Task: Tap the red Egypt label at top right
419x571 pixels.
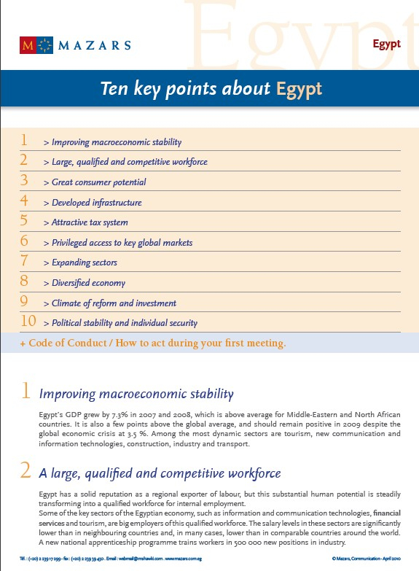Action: (x=386, y=44)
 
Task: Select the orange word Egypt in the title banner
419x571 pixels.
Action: (x=299, y=89)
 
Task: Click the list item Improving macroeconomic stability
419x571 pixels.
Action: (x=116, y=142)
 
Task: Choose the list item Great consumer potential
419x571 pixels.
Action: (x=98, y=182)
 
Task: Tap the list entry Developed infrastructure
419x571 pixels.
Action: (x=96, y=203)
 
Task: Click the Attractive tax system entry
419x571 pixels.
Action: (x=90, y=222)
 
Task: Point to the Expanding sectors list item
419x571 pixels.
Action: (x=84, y=263)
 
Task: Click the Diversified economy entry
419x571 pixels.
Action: (x=88, y=283)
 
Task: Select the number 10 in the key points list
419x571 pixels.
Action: (x=28, y=321)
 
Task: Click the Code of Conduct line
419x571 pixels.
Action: (x=153, y=342)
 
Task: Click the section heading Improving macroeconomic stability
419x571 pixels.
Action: (x=136, y=395)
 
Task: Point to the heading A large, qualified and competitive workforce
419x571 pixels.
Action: (x=160, y=473)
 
